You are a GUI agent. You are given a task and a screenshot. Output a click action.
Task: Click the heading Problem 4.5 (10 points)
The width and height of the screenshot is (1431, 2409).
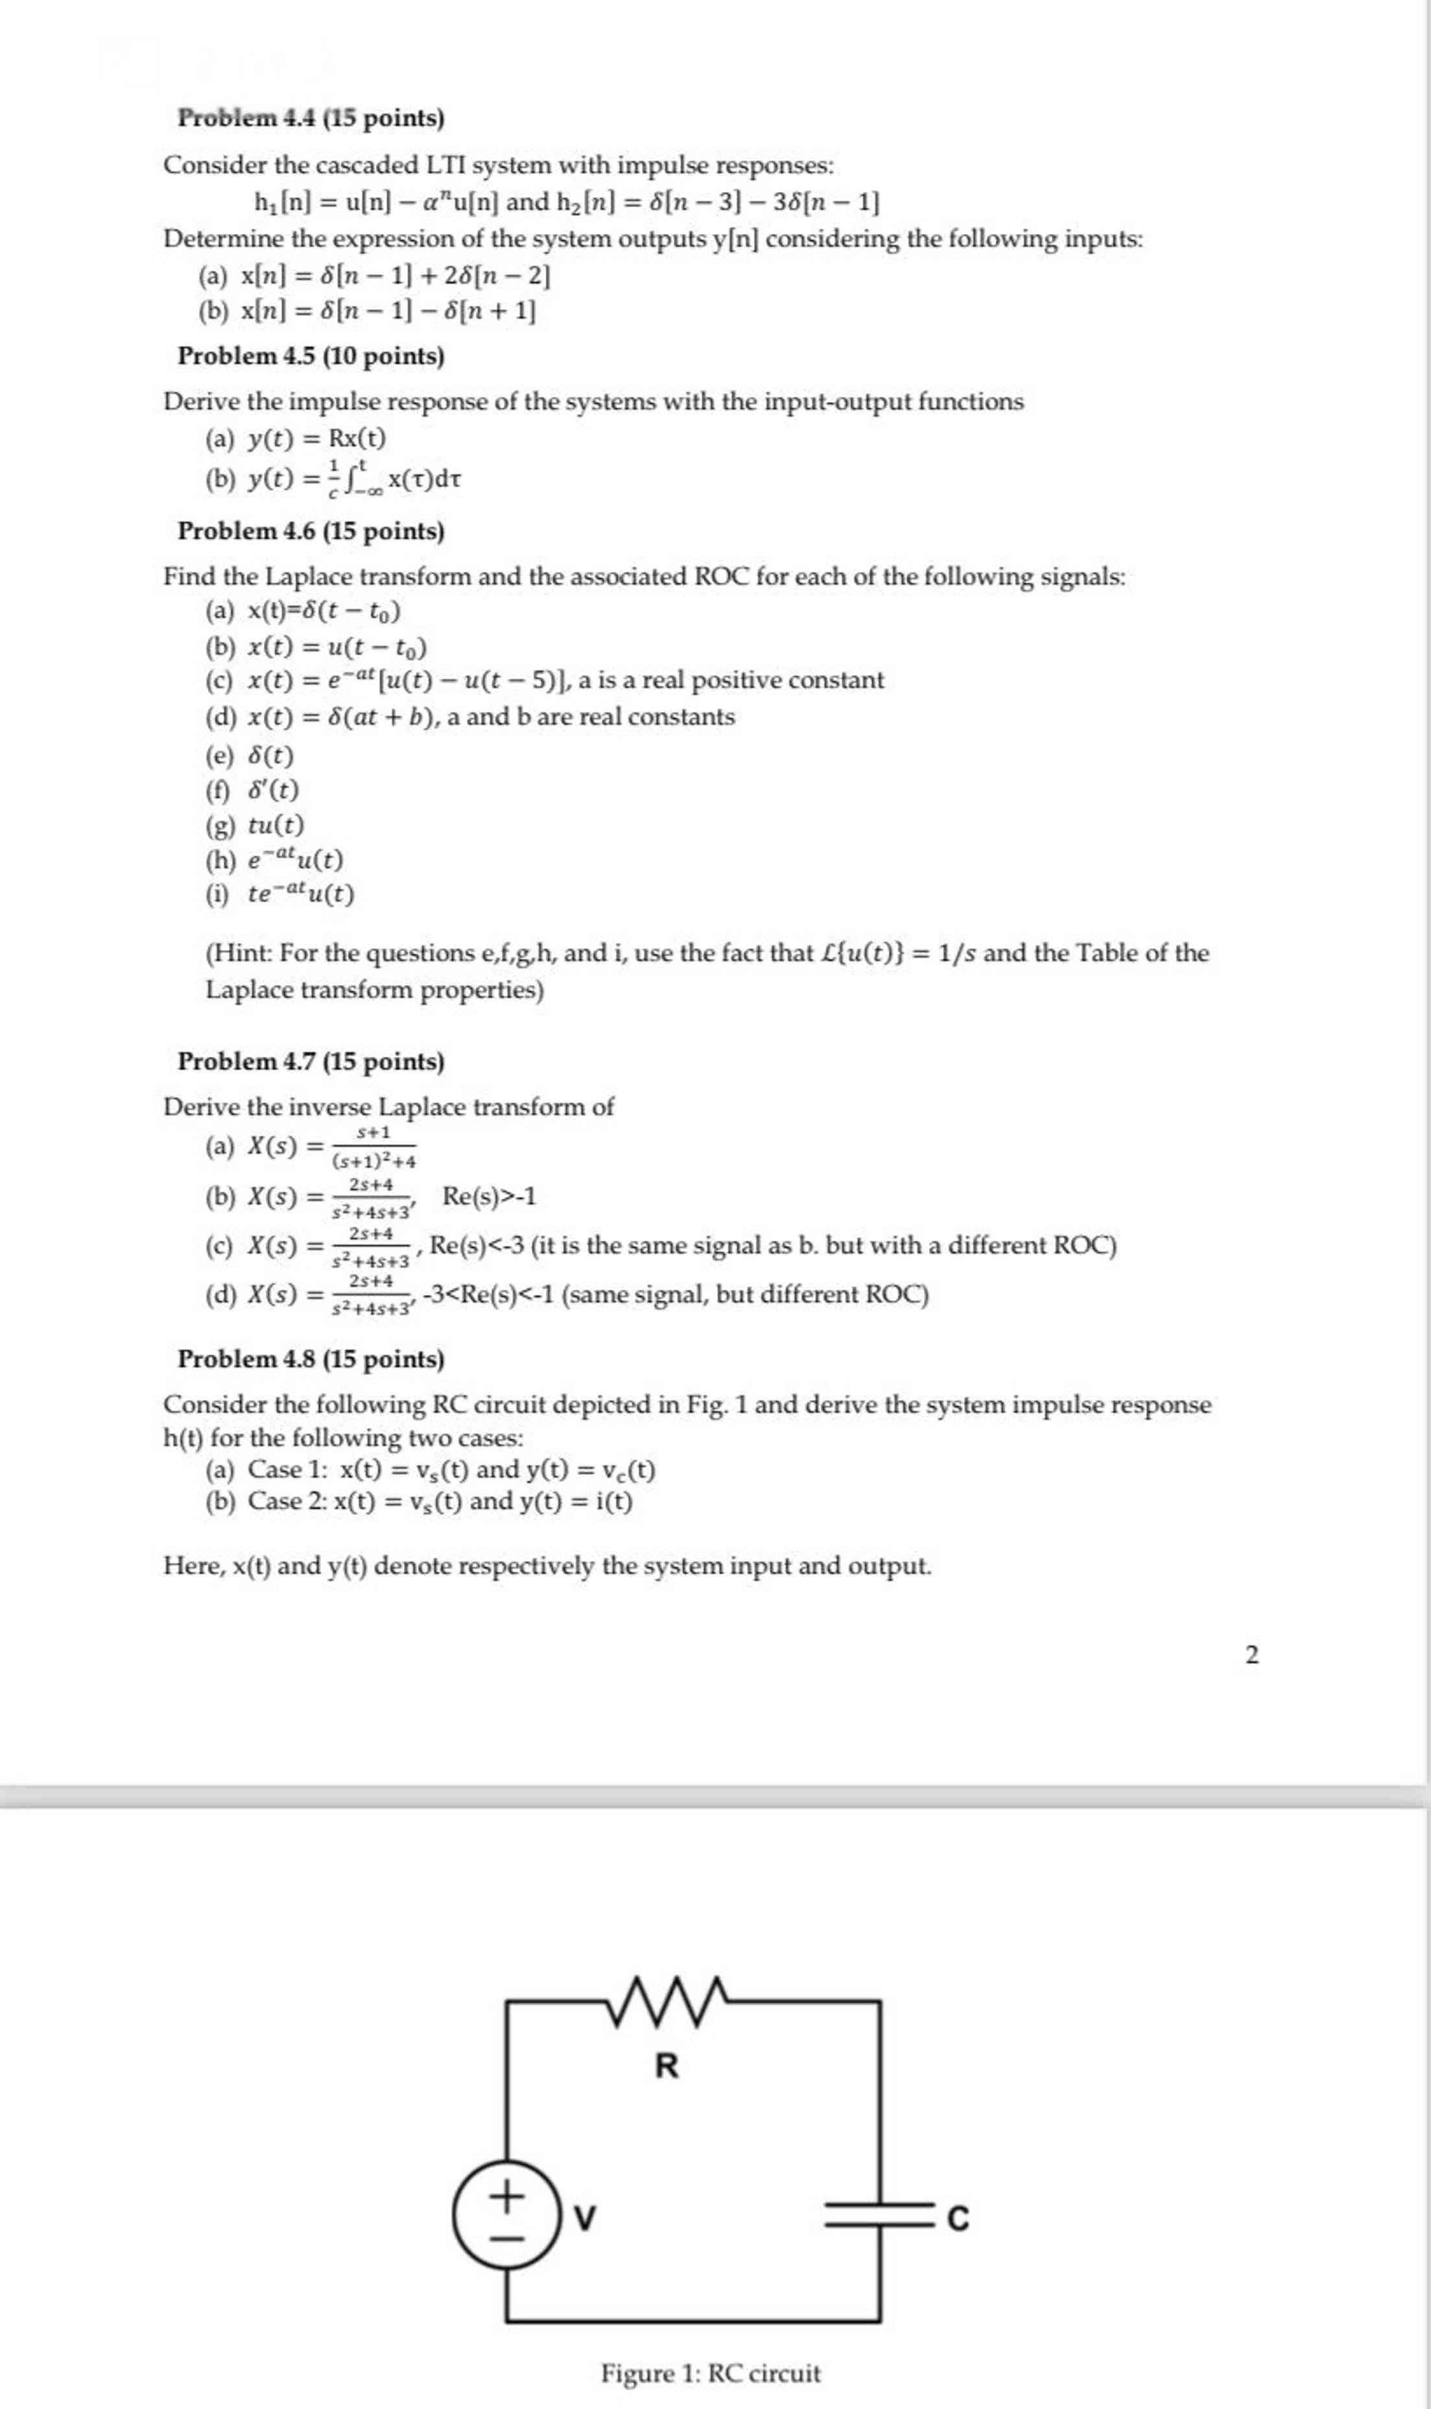311,356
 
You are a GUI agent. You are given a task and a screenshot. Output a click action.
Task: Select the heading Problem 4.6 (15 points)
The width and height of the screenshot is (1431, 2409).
311,531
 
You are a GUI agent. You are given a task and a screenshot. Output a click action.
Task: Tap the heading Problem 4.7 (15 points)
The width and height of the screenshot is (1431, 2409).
311,1061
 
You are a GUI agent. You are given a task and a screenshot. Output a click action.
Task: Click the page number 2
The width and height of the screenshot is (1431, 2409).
1251,1655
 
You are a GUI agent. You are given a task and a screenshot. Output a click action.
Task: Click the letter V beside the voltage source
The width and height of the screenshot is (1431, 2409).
584,2218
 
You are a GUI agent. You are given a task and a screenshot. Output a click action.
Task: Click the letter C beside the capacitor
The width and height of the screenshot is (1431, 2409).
958,2218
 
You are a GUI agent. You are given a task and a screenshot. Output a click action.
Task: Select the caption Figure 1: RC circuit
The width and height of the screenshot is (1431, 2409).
711,2373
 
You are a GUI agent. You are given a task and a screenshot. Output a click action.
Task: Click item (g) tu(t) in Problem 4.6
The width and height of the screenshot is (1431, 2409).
276,825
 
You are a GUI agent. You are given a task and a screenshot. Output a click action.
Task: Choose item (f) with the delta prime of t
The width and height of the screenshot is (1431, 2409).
273,790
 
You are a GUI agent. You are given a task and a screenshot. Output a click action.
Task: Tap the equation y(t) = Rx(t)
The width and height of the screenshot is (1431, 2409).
316,439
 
